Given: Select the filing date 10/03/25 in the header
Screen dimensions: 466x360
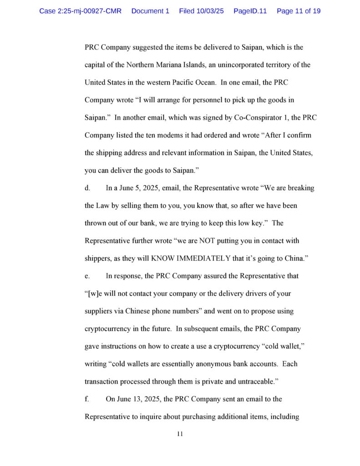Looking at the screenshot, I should (209, 11).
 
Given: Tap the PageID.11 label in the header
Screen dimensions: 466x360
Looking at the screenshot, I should (250, 11).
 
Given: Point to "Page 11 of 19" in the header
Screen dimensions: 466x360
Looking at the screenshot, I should (298, 11).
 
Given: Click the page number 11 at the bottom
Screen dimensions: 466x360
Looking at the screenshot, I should (180, 434).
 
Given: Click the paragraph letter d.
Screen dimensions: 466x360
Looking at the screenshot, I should (87, 188).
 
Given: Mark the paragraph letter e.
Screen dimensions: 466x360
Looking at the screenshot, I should (87, 276).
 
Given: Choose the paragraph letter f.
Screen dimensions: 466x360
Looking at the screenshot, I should (86, 399).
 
